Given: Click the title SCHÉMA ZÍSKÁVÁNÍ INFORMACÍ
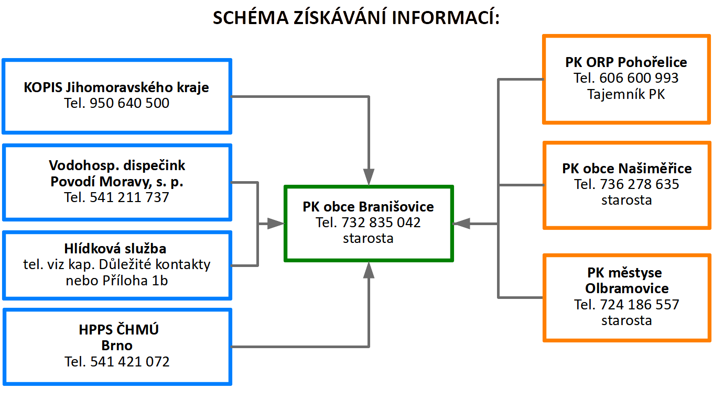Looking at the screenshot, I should tap(356, 18).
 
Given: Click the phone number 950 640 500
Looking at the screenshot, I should tap(129, 103).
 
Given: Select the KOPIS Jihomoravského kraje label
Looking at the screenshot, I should tap(116, 87).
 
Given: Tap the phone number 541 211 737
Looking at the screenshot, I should tap(129, 197).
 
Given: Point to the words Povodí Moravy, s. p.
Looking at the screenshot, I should tap(116, 182).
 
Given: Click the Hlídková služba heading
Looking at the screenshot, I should tap(116, 249).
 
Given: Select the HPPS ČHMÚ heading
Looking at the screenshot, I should tap(116, 330).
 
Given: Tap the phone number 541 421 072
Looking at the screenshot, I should tap(129, 362).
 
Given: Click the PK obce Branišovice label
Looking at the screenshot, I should tap(368, 206).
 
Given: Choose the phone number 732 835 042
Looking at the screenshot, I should tap(381, 222).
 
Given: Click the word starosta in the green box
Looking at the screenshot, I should tap(368, 238).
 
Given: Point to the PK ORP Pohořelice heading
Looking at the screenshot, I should tap(626, 62).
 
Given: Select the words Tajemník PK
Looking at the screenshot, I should tap(626, 95).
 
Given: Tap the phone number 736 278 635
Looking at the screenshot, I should tap(639, 184).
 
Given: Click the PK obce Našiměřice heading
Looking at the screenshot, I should tap(626, 169).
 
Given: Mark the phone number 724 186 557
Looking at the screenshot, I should tap(639, 304).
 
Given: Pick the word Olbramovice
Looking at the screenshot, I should tap(626, 288).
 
